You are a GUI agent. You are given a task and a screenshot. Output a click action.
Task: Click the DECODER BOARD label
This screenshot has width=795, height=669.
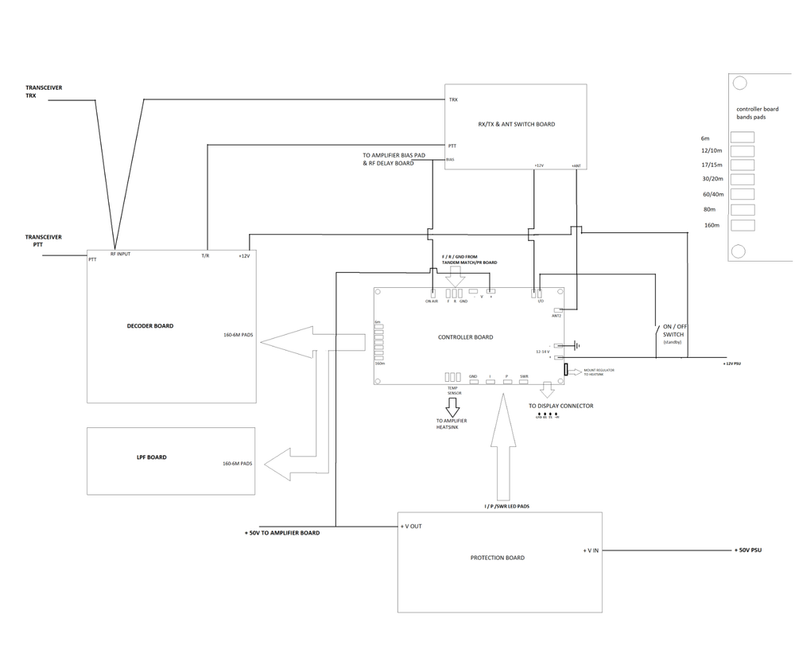coord(150,326)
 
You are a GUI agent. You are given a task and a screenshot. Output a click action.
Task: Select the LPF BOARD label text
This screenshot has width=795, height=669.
coord(151,457)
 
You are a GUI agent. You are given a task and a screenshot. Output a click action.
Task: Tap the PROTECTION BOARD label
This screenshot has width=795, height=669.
coord(498,558)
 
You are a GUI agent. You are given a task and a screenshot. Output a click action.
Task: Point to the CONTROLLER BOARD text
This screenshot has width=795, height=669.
coord(466,337)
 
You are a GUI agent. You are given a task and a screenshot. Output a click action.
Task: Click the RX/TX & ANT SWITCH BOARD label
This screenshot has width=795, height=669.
coord(516,124)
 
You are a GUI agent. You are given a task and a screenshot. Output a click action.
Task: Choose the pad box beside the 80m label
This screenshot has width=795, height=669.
coord(742,210)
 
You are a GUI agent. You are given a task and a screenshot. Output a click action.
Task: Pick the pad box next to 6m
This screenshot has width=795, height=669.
coord(742,138)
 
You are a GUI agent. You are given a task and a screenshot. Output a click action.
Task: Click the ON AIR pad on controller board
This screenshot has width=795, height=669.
coord(432,293)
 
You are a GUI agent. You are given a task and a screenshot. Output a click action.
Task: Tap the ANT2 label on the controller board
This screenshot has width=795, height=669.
coord(556,316)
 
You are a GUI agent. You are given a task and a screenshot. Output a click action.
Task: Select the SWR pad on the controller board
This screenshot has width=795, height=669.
coord(524,383)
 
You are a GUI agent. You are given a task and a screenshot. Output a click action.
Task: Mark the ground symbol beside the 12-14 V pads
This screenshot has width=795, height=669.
coord(576,345)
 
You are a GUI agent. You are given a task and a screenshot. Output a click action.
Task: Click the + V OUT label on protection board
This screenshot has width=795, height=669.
coord(413,527)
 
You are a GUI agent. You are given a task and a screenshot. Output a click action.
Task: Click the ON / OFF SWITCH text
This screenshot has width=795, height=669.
coord(672,330)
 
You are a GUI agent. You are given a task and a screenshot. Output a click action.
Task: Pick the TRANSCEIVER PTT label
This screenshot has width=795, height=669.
coord(43,240)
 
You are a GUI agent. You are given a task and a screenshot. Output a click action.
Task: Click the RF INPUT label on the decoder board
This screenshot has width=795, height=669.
coord(121,254)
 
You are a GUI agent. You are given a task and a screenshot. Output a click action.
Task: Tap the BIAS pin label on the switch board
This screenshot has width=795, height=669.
coord(451,159)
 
